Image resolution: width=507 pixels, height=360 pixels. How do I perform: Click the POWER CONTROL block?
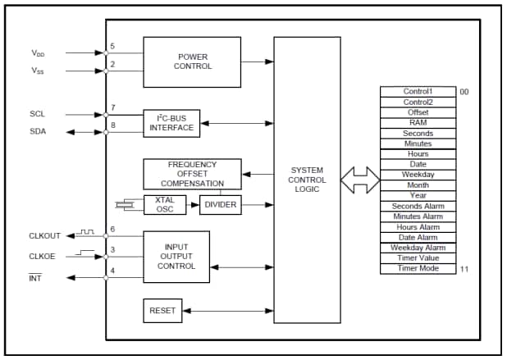(x=192, y=62)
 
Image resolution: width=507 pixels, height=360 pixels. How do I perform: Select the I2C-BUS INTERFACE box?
(x=171, y=122)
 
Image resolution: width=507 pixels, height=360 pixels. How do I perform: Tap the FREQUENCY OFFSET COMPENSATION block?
(x=192, y=174)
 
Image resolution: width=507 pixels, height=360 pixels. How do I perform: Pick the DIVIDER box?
(x=220, y=204)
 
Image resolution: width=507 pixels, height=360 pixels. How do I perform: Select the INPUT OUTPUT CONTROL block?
(x=176, y=256)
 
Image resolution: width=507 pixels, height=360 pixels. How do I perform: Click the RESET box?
(x=161, y=312)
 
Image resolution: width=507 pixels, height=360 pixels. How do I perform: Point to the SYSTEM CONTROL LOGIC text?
(x=307, y=180)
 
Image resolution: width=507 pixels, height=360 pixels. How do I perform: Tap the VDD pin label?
(x=39, y=53)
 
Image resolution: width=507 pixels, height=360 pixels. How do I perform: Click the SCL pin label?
(x=37, y=115)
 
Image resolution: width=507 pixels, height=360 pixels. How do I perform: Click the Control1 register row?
(x=418, y=92)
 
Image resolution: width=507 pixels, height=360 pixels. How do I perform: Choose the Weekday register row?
(x=418, y=175)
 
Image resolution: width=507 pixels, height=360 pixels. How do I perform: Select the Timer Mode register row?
(x=418, y=268)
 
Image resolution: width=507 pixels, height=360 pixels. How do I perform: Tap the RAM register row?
(x=418, y=123)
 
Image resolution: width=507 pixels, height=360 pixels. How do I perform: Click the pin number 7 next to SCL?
(x=112, y=107)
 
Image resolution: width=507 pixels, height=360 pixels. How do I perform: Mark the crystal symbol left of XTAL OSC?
(x=125, y=203)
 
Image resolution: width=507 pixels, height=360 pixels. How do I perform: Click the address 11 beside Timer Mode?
(x=464, y=269)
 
